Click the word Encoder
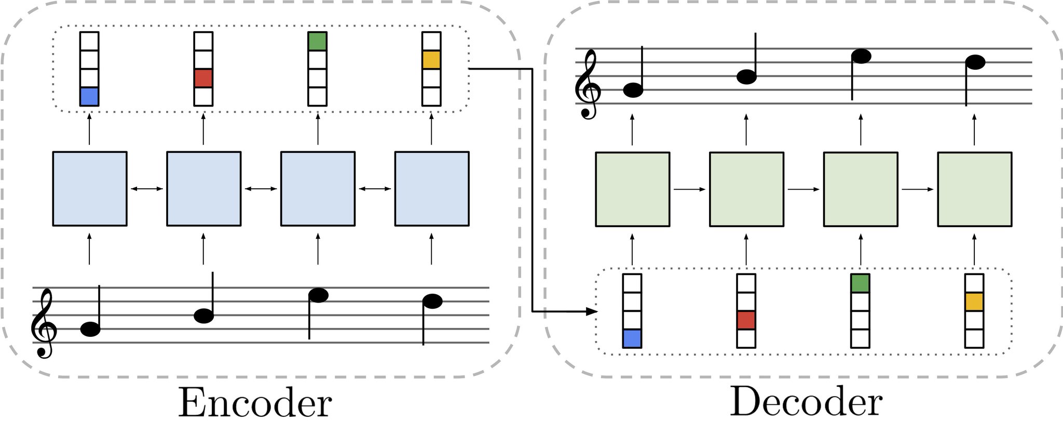coord(255,403)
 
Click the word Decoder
coord(806,402)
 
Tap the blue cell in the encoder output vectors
coord(89,97)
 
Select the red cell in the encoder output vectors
coord(203,78)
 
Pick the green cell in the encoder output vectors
coord(318,42)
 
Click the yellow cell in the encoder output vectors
coord(431,60)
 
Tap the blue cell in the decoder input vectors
coord(632,338)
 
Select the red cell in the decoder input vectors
coord(746,320)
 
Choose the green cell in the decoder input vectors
coord(861,283)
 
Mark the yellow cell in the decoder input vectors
coord(974,302)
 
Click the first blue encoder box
coord(90,189)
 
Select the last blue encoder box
coord(432,189)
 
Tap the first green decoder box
coord(632,189)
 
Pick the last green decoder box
coord(974,189)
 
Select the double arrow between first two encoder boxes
coord(147,189)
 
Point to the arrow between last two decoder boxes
coord(918,189)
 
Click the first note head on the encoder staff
coord(91,329)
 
